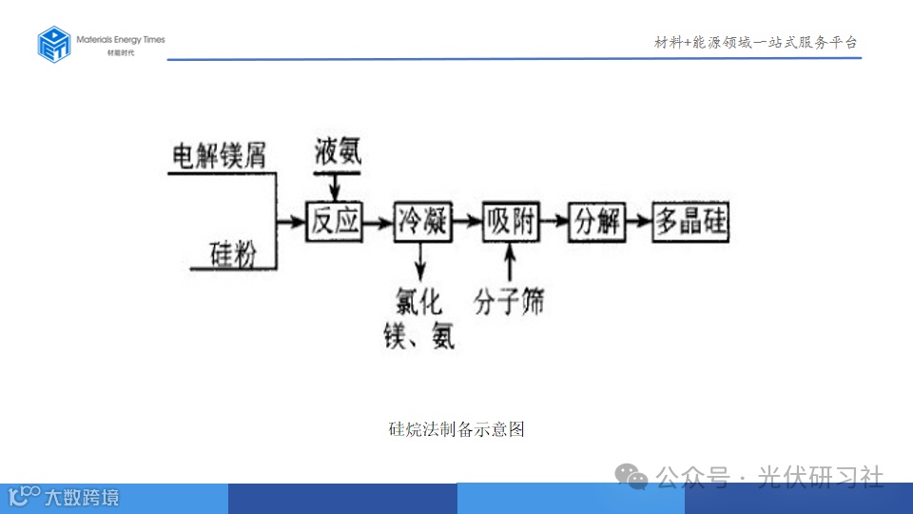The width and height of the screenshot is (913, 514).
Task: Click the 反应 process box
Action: (x=335, y=222)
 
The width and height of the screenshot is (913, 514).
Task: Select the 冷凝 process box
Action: (x=422, y=222)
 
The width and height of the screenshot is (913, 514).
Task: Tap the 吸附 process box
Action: (x=511, y=222)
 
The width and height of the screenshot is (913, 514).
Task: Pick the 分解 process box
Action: (x=597, y=222)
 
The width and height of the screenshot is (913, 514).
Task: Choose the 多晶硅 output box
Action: (x=690, y=222)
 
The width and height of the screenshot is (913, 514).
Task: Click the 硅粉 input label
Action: (x=234, y=254)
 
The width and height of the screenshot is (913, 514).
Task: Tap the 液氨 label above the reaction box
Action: (x=338, y=149)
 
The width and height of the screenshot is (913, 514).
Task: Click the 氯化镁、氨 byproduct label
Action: (x=419, y=319)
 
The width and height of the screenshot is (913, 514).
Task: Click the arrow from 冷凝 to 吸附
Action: (x=466, y=222)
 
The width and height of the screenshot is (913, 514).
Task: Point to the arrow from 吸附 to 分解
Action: (x=554, y=222)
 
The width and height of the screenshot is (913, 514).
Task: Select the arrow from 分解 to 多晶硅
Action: (x=640, y=222)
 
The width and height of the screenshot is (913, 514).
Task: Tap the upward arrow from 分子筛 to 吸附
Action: (x=511, y=263)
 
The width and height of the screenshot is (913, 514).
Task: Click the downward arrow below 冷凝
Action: (x=420, y=262)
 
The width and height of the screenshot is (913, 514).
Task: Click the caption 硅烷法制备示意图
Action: (x=456, y=429)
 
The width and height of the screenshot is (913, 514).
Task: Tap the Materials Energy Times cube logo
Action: (x=54, y=44)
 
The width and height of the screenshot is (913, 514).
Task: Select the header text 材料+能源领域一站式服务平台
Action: (x=756, y=43)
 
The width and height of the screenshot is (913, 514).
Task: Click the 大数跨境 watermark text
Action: (x=82, y=497)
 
